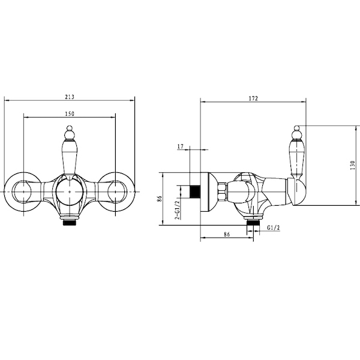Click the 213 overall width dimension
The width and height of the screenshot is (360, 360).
(70, 97)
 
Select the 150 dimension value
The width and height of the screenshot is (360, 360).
(70, 113)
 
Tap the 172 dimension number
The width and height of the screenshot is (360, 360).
(253, 98)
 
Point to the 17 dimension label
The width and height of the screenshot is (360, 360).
(181, 146)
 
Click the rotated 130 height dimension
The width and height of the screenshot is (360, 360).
(352, 166)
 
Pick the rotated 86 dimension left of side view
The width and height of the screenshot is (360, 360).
(160, 199)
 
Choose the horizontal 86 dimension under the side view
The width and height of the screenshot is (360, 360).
(227, 234)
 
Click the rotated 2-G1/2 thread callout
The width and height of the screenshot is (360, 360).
(177, 210)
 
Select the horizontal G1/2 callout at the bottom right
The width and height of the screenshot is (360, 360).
(274, 228)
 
